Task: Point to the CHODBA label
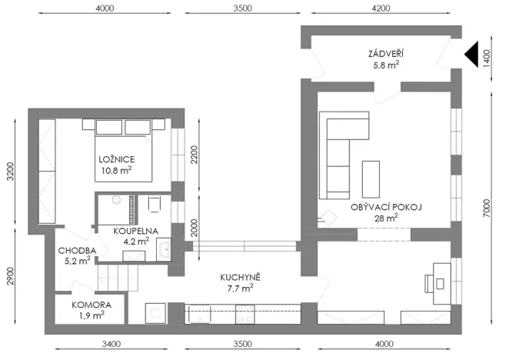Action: coord(77,251)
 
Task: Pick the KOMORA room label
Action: coord(89,305)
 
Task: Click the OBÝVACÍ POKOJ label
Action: coord(388,207)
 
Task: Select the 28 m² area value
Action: coord(386,218)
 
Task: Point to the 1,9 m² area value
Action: coord(89,315)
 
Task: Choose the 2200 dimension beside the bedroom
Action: coord(196,157)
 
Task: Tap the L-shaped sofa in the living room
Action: coord(339,154)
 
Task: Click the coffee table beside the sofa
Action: coord(371,177)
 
